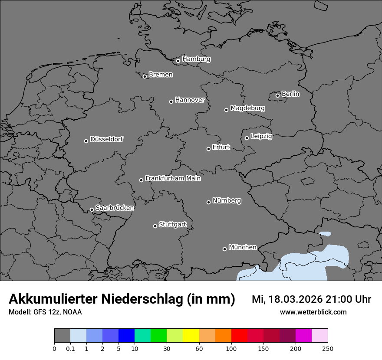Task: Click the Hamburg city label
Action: pyautogui.click(x=196, y=59)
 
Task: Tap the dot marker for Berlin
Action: pyautogui.click(x=277, y=95)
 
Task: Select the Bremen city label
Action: pyautogui.click(x=161, y=75)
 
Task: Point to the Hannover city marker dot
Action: pyautogui.click(x=171, y=101)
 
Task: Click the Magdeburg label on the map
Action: pyautogui.click(x=247, y=108)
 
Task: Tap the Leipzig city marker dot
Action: pyautogui.click(x=247, y=138)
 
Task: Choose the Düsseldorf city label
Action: pyautogui.click(x=106, y=139)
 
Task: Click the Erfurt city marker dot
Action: pyautogui.click(x=208, y=149)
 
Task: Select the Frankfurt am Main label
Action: pyautogui.click(x=173, y=178)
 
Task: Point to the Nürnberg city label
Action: pyautogui.click(x=227, y=201)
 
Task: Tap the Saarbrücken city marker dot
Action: pyautogui.click(x=92, y=209)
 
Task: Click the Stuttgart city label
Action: pyautogui.click(x=173, y=225)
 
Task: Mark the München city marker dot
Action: pyautogui.click(x=224, y=249)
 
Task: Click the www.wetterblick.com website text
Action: pyautogui.click(x=313, y=312)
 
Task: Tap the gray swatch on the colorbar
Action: pyautogui.click(x=62, y=336)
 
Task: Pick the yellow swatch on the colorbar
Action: pyautogui.click(x=191, y=336)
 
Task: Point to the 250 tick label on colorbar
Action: pyautogui.click(x=328, y=348)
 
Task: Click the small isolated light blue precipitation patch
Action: pyautogui.click(x=325, y=235)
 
